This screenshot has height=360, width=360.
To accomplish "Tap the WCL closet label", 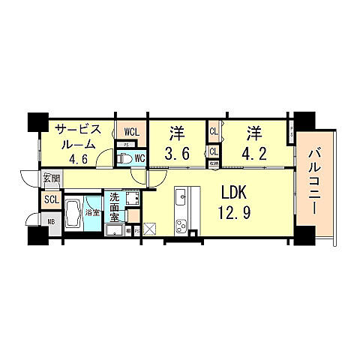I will (x=130, y=133).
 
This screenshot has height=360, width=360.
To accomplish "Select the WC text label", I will (x=139, y=160).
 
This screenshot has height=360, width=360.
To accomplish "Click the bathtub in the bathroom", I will (x=75, y=214).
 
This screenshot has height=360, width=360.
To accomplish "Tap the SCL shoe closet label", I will (x=51, y=200).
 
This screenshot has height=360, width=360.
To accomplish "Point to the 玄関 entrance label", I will (x=50, y=178).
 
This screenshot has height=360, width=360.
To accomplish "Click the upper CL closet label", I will (x=214, y=132).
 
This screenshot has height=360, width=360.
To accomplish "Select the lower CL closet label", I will (x=214, y=149).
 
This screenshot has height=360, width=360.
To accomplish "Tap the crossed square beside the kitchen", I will (x=148, y=230).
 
